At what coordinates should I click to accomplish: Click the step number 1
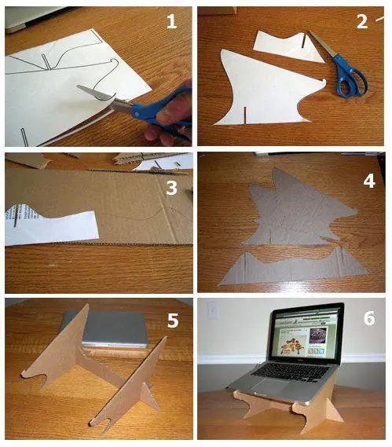pyautogui.click(x=171, y=21)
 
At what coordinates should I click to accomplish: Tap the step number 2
pyautogui.click(x=362, y=21)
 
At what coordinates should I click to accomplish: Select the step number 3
pyautogui.click(x=171, y=188)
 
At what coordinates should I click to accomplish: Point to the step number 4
pyautogui.click(x=369, y=181)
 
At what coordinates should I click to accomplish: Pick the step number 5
pyautogui.click(x=173, y=320)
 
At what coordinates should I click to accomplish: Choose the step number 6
pyautogui.click(x=369, y=318)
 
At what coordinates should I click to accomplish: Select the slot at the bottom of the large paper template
pyautogui.click(x=244, y=115)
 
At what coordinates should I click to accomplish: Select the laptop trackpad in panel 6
pyautogui.click(x=273, y=387)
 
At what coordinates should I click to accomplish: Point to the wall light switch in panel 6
pyautogui.click(x=211, y=311)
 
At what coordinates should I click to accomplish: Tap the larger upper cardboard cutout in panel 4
pyautogui.click(x=299, y=211)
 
